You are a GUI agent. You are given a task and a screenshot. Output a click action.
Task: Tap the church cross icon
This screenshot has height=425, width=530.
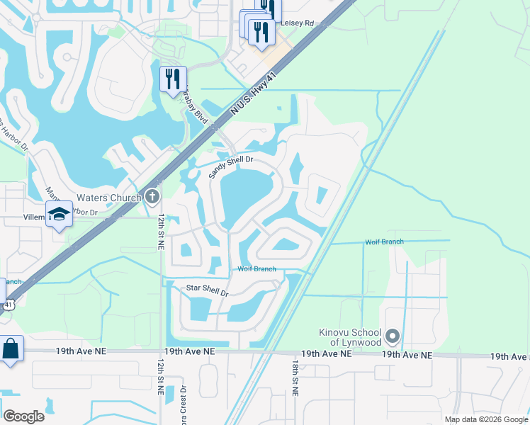click(x=151, y=196)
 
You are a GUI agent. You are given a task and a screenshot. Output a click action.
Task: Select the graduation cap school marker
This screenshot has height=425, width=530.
click(x=60, y=214)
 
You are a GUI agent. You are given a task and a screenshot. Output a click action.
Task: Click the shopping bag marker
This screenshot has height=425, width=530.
click(x=11, y=350)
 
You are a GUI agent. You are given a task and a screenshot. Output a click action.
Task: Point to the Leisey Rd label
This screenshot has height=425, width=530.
click(x=297, y=23)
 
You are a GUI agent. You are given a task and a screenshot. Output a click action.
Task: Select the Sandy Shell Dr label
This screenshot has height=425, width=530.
click(x=231, y=168)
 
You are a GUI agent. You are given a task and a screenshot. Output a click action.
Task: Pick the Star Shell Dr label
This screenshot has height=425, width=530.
click(x=207, y=290)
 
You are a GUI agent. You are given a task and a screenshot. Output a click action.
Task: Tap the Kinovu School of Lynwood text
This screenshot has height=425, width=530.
click(x=349, y=337)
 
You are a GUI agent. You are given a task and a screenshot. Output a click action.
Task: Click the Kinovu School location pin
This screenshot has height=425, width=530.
click(x=394, y=336)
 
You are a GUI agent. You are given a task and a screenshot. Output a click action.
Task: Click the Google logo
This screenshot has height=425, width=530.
click(x=23, y=416)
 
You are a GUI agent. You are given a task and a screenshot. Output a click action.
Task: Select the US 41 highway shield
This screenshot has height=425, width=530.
click(x=6, y=304)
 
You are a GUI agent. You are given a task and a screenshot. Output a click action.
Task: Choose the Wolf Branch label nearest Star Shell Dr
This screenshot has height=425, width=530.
click(x=256, y=269)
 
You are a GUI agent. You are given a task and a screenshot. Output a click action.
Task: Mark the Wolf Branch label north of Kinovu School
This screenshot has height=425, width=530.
click(x=384, y=242)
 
